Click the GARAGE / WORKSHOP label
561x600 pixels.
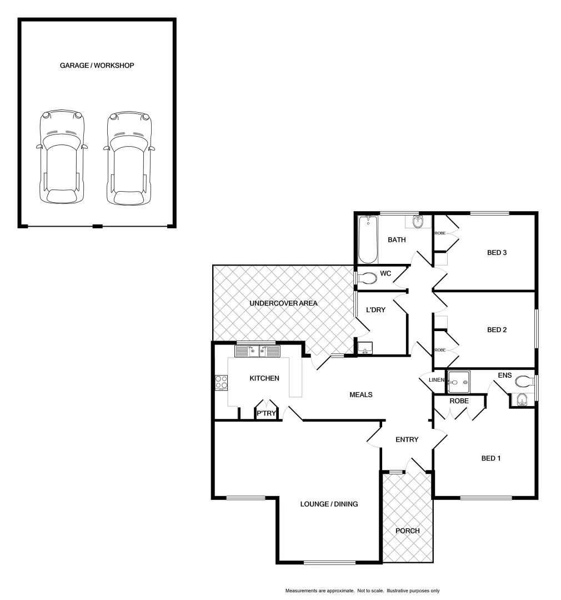(x=97, y=66)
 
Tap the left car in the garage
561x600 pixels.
(x=62, y=157)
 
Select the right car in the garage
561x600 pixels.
(x=129, y=157)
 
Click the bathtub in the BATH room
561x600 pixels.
(x=368, y=240)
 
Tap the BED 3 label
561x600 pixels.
(x=497, y=252)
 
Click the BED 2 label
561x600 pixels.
(x=497, y=329)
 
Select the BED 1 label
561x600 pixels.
(x=491, y=458)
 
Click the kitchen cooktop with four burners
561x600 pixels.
(x=222, y=383)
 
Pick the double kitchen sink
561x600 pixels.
(x=257, y=351)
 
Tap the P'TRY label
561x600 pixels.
(x=266, y=413)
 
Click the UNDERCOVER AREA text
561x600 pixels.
(x=283, y=303)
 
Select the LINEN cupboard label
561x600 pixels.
(x=437, y=380)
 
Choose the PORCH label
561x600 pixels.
(x=407, y=531)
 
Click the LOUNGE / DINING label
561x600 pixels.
(x=329, y=504)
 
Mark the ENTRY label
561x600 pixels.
(x=407, y=439)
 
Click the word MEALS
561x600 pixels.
(x=360, y=394)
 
